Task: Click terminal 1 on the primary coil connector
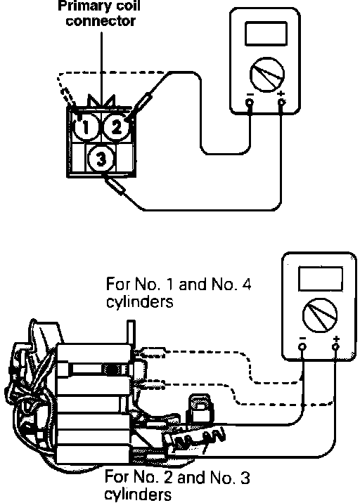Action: coord(85,126)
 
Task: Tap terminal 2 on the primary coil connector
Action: coord(116,126)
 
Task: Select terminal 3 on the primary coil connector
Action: coord(101,159)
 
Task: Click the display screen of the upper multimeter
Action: coord(266,33)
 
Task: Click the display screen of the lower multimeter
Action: coord(320,278)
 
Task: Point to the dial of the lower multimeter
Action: coord(320,315)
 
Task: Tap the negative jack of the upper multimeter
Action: coord(250,103)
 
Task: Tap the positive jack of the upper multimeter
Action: coord(281,103)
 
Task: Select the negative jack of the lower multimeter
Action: coord(302,346)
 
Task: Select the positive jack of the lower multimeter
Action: coord(335,346)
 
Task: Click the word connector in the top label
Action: coord(101,21)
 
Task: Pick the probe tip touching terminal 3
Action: coord(114,185)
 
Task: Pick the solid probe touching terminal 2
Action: coord(139,107)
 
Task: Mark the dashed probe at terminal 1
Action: coord(67,96)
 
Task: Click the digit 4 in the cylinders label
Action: coord(245,284)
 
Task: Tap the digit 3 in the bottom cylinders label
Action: coord(245,478)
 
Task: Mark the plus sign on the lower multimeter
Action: coord(336,339)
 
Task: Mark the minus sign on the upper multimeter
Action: coord(250,94)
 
